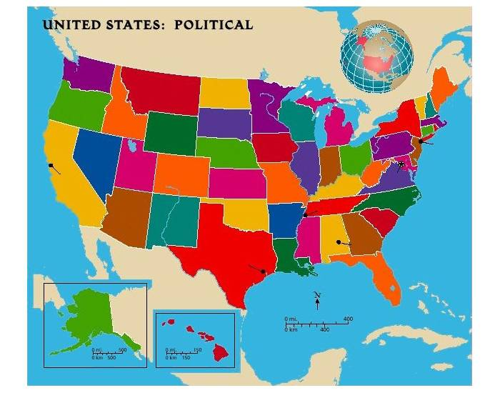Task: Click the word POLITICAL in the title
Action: click(x=215, y=25)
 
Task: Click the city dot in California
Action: click(x=50, y=165)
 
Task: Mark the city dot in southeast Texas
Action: click(x=264, y=271)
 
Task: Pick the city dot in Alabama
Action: click(x=339, y=242)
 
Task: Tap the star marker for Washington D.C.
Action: click(x=401, y=164)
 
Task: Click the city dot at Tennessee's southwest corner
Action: click(x=305, y=214)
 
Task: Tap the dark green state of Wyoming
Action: click(x=170, y=134)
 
